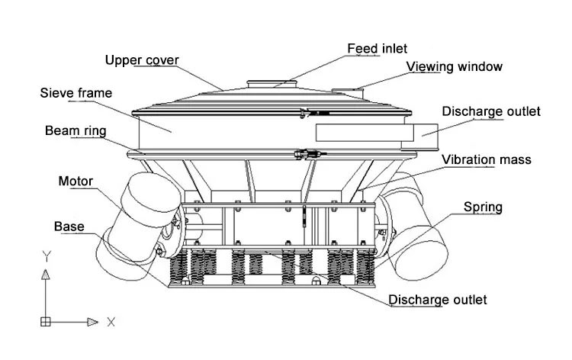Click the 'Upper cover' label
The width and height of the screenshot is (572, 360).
click(142, 60)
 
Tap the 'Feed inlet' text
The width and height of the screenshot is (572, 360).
click(378, 49)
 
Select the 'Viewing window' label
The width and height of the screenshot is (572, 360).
click(455, 66)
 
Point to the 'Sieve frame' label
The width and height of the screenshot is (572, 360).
click(76, 93)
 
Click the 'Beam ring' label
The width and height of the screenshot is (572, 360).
click(76, 131)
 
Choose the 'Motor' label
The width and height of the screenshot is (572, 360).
click(76, 182)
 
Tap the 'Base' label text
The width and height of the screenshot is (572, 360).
click(69, 227)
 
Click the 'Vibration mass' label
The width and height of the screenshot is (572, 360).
click(487, 159)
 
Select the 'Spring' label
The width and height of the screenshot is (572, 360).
click(483, 207)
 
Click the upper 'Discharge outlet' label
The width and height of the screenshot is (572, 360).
click(491, 111)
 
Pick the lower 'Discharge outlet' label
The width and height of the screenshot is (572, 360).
click(438, 300)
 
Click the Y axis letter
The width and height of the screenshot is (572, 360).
click(47, 256)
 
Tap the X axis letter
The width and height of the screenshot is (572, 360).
click(111, 322)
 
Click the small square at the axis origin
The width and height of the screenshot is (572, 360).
click(46, 322)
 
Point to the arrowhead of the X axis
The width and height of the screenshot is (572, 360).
click(92, 322)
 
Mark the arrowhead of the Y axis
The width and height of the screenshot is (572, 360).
click(46, 275)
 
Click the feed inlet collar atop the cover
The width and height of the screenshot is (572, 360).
click(272, 84)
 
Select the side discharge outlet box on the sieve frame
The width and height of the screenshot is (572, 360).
click(419, 137)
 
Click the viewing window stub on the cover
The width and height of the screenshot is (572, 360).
click(347, 92)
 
